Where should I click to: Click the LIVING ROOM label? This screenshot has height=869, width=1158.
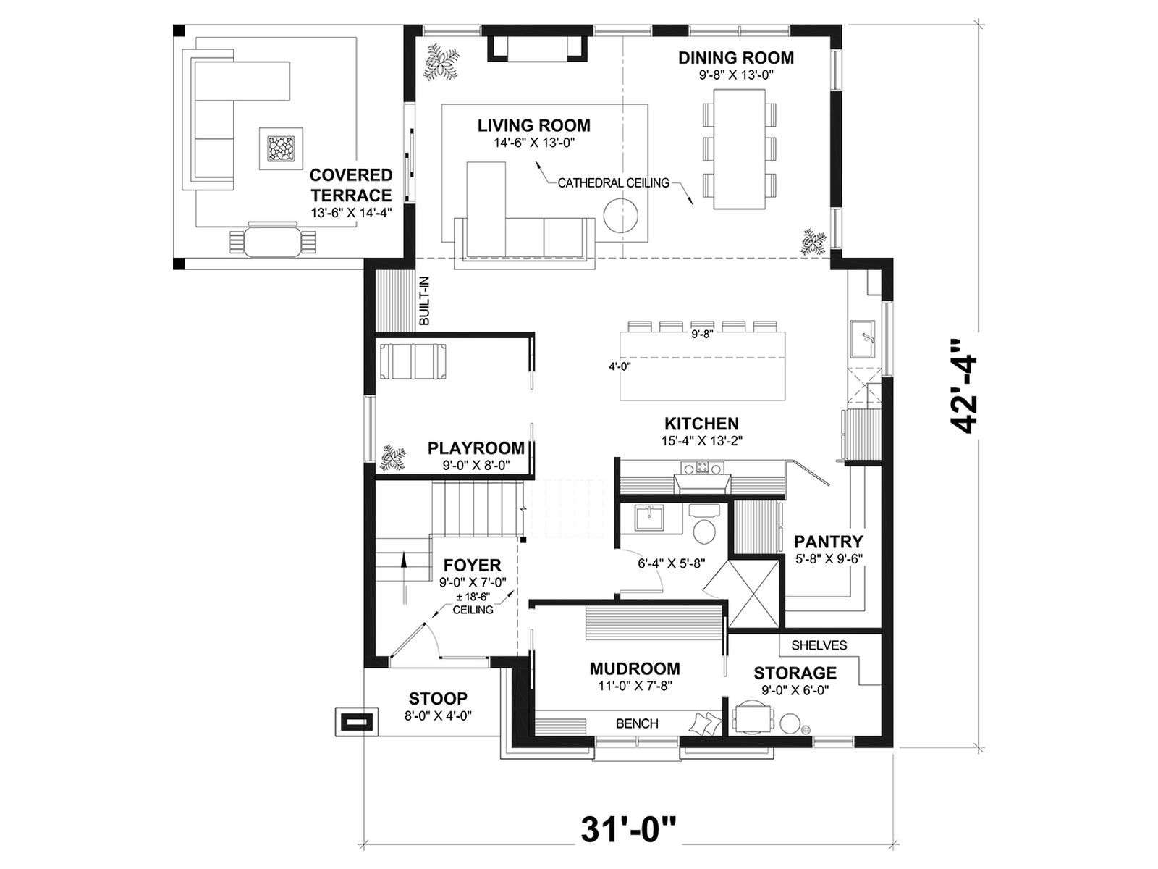[x=534, y=125]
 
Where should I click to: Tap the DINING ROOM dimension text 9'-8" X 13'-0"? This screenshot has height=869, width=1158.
[x=736, y=75]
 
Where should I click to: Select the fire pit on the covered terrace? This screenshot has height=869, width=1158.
[x=281, y=148]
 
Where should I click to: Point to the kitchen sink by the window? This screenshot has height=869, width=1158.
[x=861, y=338]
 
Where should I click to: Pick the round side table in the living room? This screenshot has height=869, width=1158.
[x=621, y=215]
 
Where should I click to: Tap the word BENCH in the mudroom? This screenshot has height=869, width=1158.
[x=637, y=723]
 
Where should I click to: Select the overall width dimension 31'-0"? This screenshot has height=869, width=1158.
[x=627, y=830]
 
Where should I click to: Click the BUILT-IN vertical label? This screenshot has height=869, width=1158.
[x=424, y=301]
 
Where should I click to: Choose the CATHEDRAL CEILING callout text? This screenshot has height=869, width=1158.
[x=614, y=183]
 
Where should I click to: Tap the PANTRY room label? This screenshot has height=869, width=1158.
[x=829, y=542]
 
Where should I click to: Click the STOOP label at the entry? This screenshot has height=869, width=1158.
[x=438, y=699]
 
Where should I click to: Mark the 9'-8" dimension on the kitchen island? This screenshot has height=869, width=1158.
[x=702, y=333]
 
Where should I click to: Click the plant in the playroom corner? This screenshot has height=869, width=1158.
[x=394, y=457]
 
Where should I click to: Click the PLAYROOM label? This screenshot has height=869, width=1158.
[x=476, y=448]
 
